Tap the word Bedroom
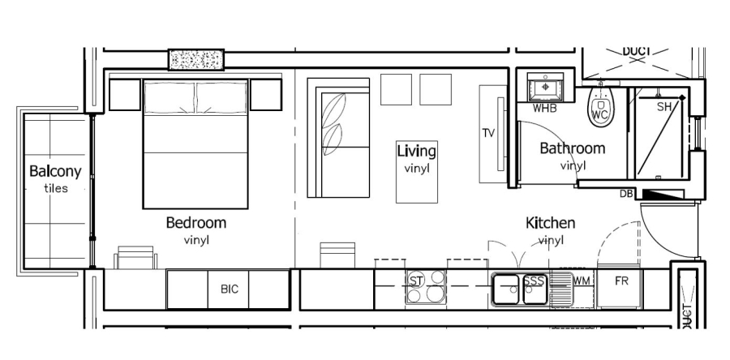click(x=195, y=223)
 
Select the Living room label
click(x=416, y=151)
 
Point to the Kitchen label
click(x=550, y=223)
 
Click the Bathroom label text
click(x=572, y=148)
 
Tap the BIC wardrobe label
click(x=230, y=289)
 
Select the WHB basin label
click(x=544, y=109)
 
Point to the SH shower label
click(x=663, y=106)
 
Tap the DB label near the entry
click(x=626, y=194)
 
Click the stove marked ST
click(x=416, y=281)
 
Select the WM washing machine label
click(x=582, y=281)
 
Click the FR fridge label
click(x=622, y=281)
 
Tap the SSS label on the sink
click(x=533, y=281)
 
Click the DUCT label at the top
click(x=636, y=51)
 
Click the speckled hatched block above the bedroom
click(x=195, y=60)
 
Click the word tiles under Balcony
click(x=55, y=189)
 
